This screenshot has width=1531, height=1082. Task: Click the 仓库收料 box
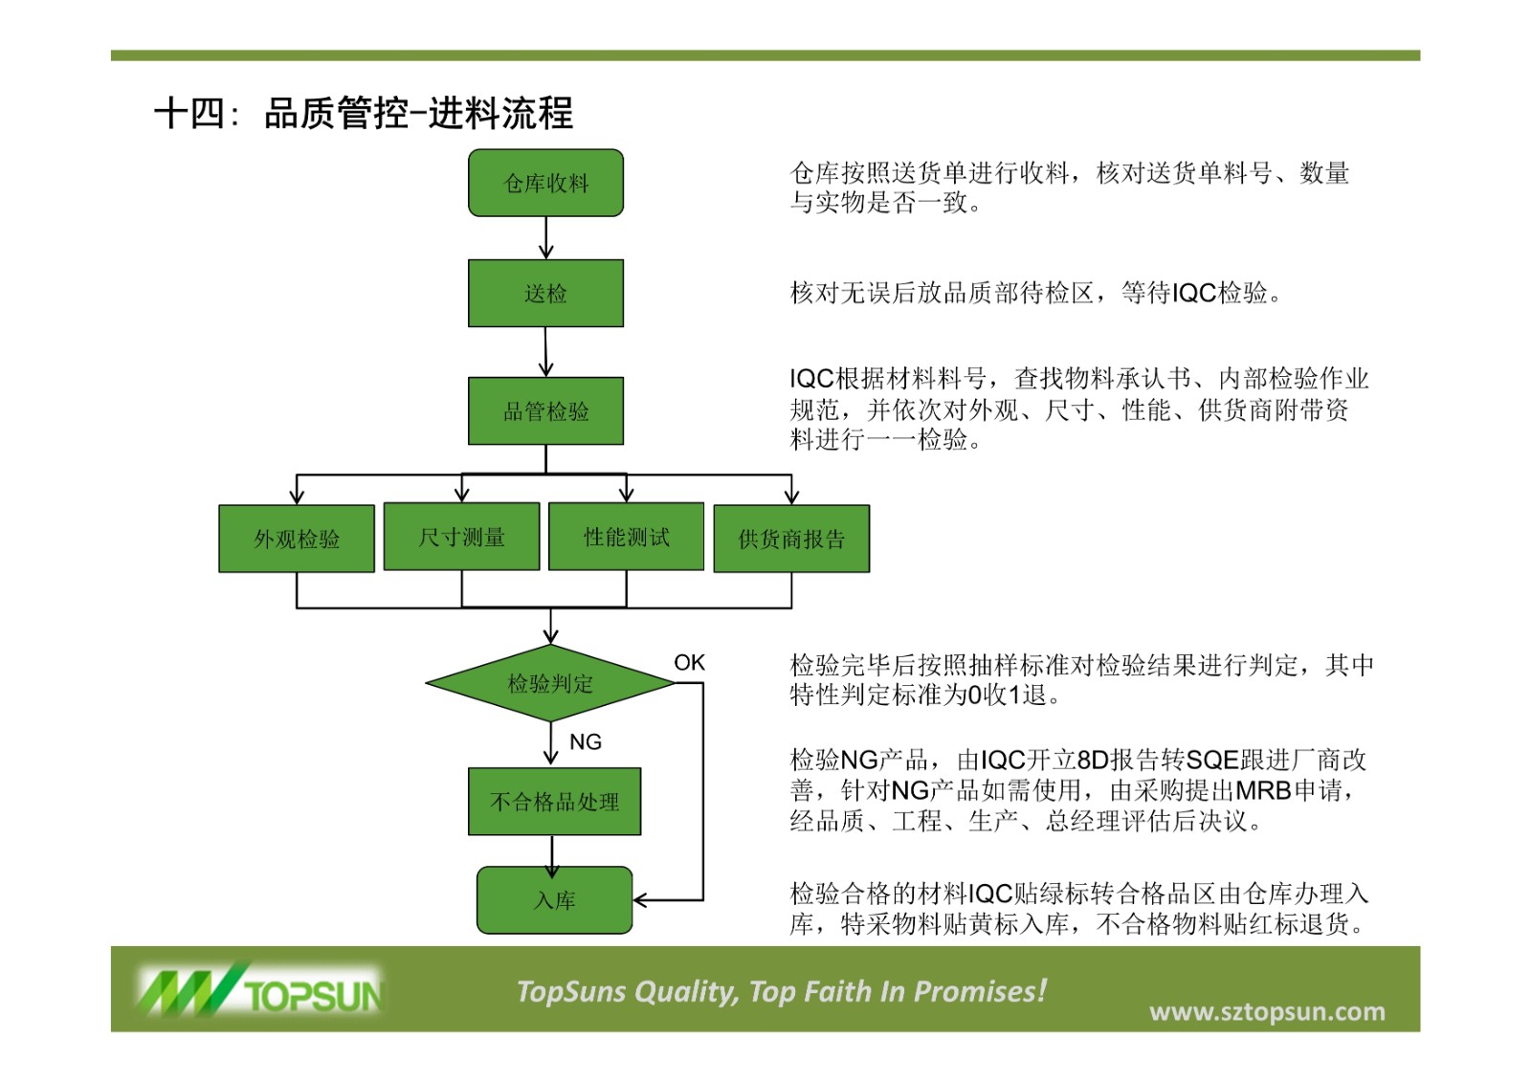pyautogui.click(x=545, y=183)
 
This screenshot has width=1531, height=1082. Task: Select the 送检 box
pyautogui.click(x=545, y=293)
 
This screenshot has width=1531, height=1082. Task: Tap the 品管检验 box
pyautogui.click(x=545, y=410)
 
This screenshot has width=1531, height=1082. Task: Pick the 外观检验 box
pyautogui.click(x=297, y=539)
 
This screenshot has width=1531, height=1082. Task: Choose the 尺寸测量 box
pyautogui.click(x=461, y=537)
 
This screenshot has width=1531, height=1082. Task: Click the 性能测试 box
pyautogui.click(x=626, y=537)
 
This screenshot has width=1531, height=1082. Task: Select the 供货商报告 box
pyautogui.click(x=791, y=539)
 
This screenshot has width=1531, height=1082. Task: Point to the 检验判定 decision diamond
pyautogui.click(x=550, y=683)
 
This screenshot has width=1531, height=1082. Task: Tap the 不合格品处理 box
pyautogui.click(x=554, y=802)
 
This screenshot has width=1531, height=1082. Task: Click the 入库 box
pyautogui.click(x=554, y=900)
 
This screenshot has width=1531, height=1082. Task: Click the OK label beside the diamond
pyautogui.click(x=689, y=662)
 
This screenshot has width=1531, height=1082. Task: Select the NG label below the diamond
pyautogui.click(x=586, y=741)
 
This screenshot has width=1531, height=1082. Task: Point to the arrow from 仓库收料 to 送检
pyautogui.click(x=545, y=238)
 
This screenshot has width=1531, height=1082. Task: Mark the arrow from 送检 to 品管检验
pyautogui.click(x=545, y=352)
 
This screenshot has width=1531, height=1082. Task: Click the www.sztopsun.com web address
pyautogui.click(x=1267, y=1011)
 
